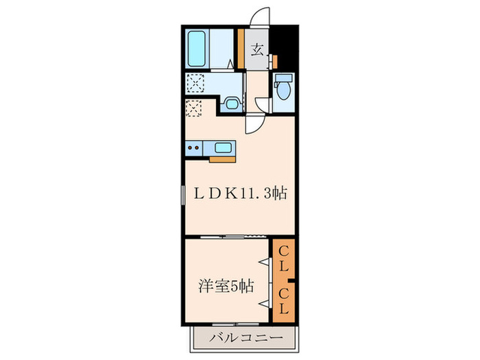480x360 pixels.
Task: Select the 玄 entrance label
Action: click(258, 49)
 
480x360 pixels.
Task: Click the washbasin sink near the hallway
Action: click(232, 105)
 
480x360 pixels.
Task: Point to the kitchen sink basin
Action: click(224, 147)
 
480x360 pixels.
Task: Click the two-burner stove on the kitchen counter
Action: click(194, 147)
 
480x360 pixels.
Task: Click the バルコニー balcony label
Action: click(245, 337)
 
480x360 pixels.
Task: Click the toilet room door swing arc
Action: click(263, 104)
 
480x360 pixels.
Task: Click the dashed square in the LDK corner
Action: click(193, 108)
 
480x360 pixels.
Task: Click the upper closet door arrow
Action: click(263, 261)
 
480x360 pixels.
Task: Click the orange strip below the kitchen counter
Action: click(222, 159)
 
